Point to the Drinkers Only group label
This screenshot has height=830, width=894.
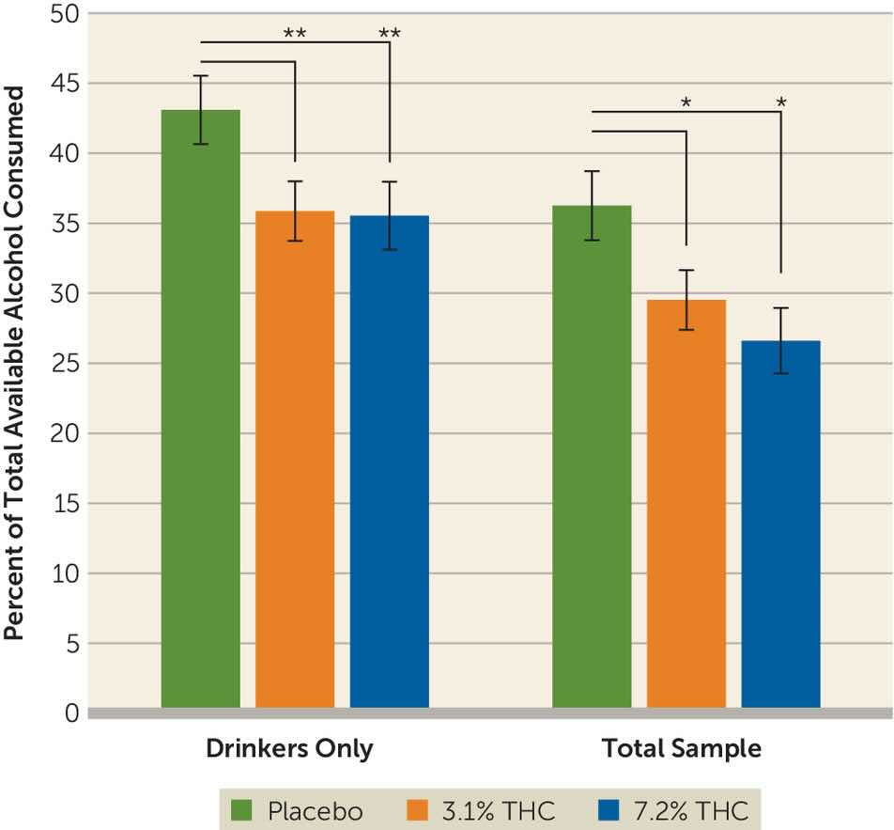290,749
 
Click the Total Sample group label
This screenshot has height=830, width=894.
682,749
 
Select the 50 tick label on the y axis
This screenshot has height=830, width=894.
67,14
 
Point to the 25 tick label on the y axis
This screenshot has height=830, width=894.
67,364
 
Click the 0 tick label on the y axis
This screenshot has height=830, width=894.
72,713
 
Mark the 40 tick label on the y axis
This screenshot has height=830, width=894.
67,154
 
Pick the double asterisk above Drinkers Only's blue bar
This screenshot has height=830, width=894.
390,34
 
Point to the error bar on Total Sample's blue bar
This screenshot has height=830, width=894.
780,340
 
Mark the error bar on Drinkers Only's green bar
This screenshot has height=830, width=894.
200,110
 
